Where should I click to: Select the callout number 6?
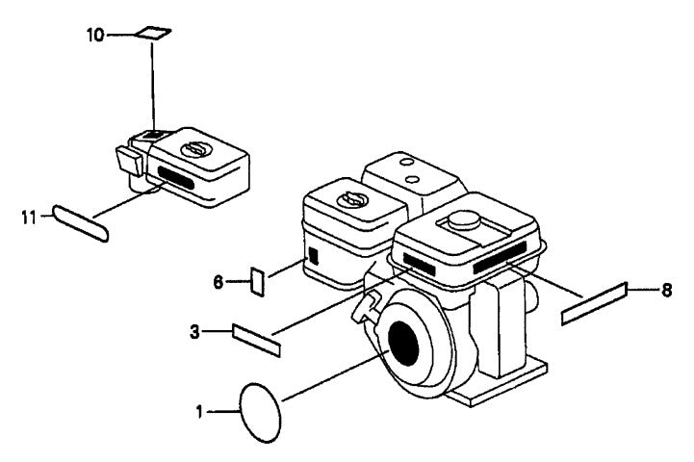pyautogui.click(x=218, y=281)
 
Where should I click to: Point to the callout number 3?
pyautogui.click(x=196, y=333)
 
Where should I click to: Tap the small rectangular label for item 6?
pyautogui.click(x=258, y=281)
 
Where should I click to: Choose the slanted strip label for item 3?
pyautogui.click(x=256, y=340)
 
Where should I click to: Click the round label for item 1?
pyautogui.click(x=261, y=412)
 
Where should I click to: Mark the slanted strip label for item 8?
pyautogui.click(x=594, y=302)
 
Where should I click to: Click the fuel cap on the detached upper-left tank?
pyautogui.click(x=195, y=149)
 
